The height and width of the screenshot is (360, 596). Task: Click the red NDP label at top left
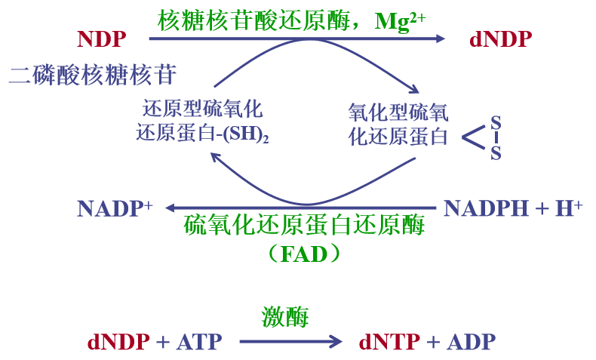(x=102, y=38)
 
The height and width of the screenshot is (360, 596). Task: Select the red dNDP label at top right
(x=500, y=38)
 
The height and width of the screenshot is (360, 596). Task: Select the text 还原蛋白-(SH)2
(x=202, y=134)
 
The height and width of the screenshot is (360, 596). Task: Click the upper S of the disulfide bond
(x=496, y=121)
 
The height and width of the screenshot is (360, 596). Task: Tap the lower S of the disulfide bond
(x=496, y=153)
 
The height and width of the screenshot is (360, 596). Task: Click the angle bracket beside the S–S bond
(x=473, y=137)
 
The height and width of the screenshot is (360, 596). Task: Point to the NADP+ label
(x=115, y=208)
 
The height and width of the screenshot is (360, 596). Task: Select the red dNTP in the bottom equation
(x=389, y=342)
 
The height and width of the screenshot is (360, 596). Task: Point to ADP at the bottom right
(x=472, y=342)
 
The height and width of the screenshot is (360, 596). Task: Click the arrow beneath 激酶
(x=290, y=342)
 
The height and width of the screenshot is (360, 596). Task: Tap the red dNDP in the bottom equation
(x=119, y=342)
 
